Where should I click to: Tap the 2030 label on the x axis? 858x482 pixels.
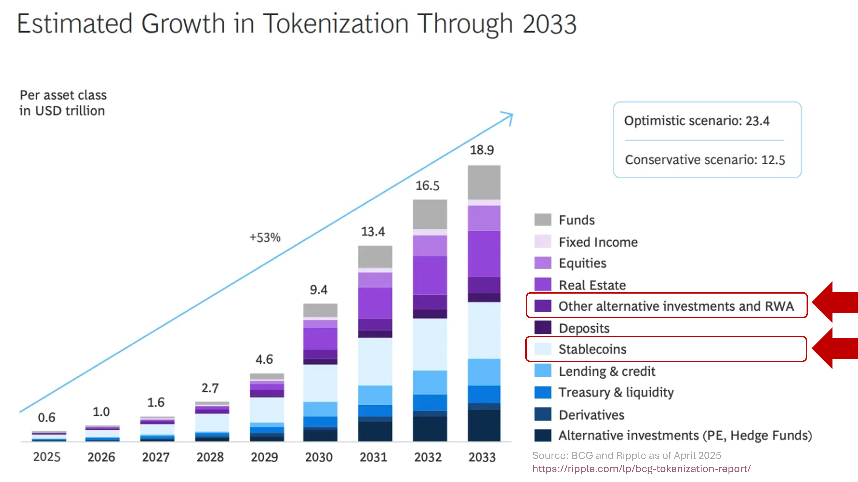point(319,457)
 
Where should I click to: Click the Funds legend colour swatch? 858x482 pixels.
point(543,220)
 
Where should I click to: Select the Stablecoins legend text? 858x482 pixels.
point(592,349)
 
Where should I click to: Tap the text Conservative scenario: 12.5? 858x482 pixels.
point(705,160)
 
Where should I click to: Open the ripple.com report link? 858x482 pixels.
point(641,469)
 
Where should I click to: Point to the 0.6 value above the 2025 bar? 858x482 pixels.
point(47,417)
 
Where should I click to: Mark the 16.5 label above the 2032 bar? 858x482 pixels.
point(427,186)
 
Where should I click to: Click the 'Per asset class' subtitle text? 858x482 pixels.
point(63,95)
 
